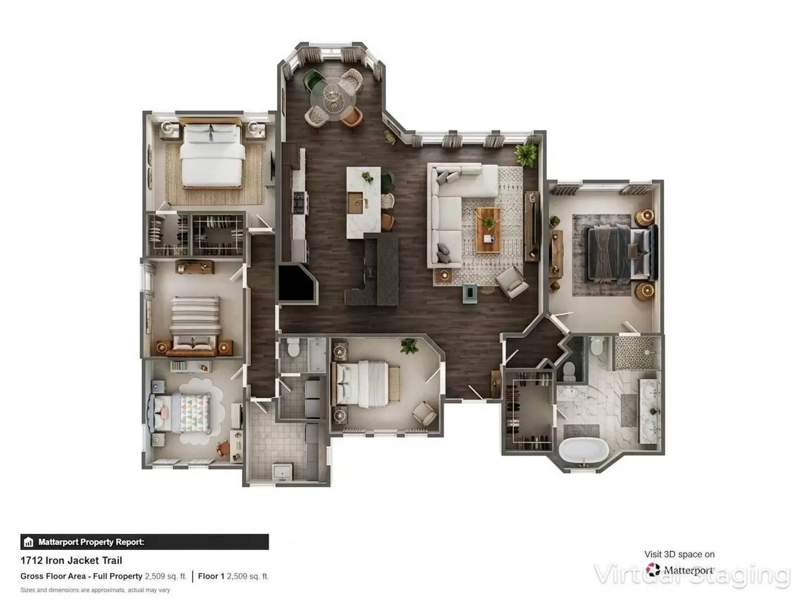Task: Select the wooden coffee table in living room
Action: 488,229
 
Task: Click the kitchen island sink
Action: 355,202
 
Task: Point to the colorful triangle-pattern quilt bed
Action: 191,411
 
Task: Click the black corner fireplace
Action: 296,284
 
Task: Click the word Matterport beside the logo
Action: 689,570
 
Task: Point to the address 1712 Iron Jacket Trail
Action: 71,560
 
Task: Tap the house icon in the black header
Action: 29,542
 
